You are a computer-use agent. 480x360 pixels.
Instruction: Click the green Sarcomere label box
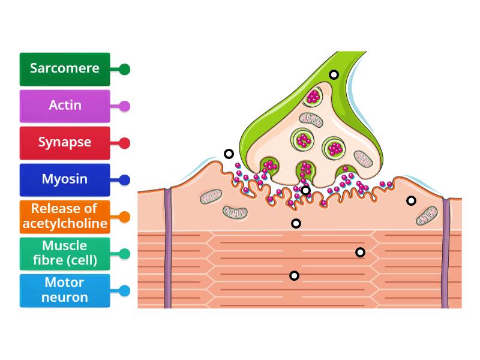coord(65,68)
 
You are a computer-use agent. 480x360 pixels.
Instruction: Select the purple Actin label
coord(65,106)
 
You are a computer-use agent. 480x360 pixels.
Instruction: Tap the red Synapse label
coord(65,143)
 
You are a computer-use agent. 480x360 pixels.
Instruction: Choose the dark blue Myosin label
coord(65,179)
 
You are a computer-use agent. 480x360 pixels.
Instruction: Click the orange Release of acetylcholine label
coord(65,217)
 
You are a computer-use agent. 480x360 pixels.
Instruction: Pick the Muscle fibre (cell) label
coord(65,254)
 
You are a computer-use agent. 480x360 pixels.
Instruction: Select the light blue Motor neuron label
coord(65,290)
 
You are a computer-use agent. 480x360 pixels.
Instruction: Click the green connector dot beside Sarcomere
coord(124,69)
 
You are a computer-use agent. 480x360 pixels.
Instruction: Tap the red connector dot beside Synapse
coord(124,143)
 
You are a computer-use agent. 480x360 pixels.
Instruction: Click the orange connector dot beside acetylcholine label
coord(124,217)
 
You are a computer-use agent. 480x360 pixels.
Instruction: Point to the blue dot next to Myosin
coord(124,179)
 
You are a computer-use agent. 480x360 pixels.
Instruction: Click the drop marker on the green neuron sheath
coord(334,75)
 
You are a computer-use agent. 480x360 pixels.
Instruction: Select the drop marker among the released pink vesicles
coord(305,191)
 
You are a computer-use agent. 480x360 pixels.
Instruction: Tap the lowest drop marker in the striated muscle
coord(294,275)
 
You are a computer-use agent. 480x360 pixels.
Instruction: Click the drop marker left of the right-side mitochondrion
coord(411,200)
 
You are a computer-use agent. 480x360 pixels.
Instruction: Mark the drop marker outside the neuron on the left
coord(229,154)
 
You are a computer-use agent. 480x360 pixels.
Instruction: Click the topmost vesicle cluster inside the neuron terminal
coord(313,96)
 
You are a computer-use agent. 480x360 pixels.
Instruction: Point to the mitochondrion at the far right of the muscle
coord(428,215)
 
